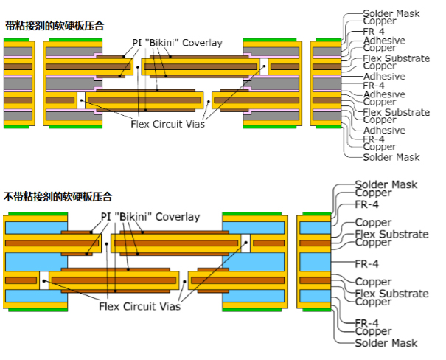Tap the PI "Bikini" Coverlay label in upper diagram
(x=178, y=43)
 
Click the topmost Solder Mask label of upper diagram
(x=391, y=13)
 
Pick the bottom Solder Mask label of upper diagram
(x=391, y=157)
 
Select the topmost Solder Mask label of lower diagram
(x=386, y=184)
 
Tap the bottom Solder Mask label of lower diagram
(x=386, y=343)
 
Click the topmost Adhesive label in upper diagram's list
(x=384, y=40)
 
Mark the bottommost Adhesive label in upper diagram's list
(x=384, y=131)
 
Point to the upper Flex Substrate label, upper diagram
(x=396, y=58)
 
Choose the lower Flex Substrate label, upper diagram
(x=396, y=112)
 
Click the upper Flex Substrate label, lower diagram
(x=391, y=234)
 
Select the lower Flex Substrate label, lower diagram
(x=391, y=294)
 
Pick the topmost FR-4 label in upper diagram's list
(x=374, y=31)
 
